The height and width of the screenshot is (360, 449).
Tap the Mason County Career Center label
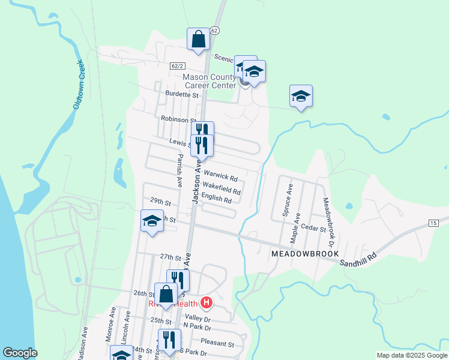click(x=209, y=82)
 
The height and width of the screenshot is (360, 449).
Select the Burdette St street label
click(x=182, y=95)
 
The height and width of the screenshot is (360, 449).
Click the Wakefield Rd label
click(x=221, y=188)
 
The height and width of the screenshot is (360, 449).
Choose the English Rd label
click(x=217, y=199)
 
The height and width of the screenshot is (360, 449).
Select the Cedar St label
click(x=314, y=229)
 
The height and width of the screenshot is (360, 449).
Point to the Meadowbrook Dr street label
click(x=327, y=223)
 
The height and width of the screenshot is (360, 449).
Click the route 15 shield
click(x=433, y=223)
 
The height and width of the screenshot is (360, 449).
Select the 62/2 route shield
click(x=177, y=65)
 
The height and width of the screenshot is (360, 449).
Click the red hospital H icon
click(x=206, y=303)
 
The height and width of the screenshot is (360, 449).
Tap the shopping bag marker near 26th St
click(x=166, y=295)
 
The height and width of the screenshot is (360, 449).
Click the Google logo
click(x=20, y=353)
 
